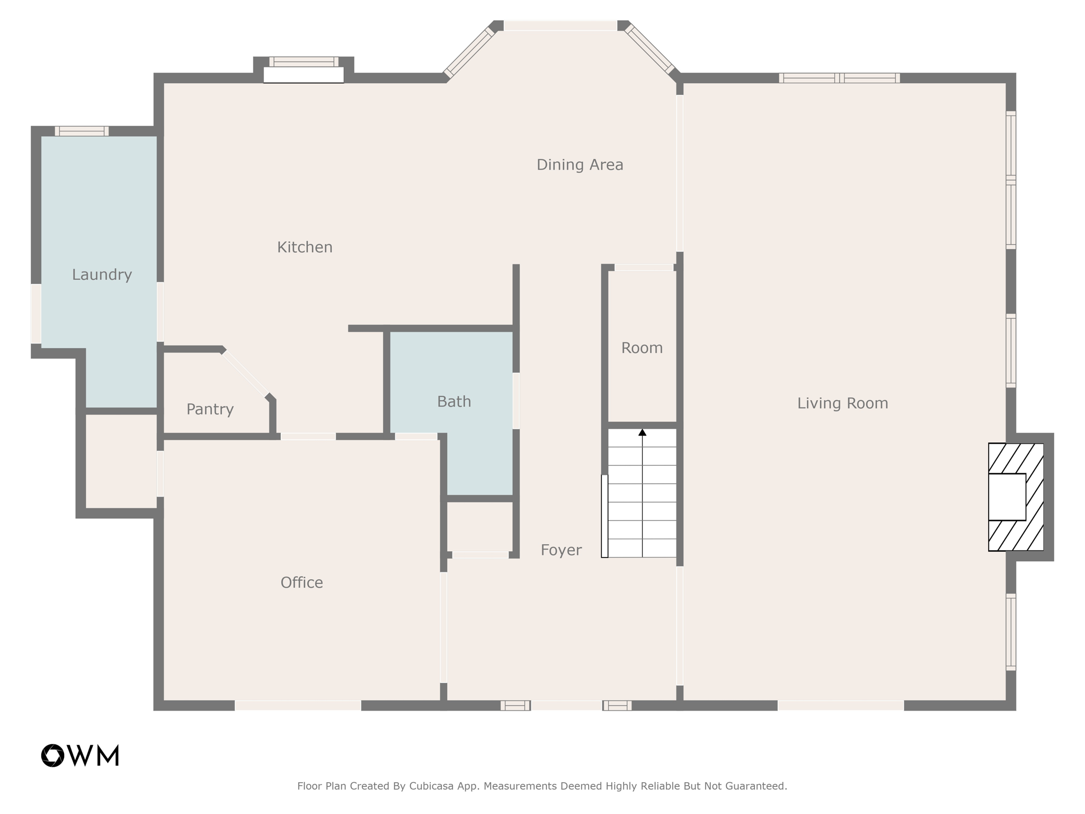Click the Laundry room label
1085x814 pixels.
[x=102, y=275]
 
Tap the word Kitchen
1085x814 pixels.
[x=305, y=247]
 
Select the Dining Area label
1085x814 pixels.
[x=580, y=165]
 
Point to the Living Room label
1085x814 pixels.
[x=842, y=403]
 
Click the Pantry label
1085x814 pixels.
[x=210, y=409]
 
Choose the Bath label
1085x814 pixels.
[x=454, y=402]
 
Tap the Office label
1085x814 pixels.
[x=301, y=582]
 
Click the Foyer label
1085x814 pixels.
[x=561, y=550]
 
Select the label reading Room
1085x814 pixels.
[x=642, y=348]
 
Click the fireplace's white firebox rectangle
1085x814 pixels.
[x=1007, y=497]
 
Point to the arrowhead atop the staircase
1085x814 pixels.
[x=642, y=432]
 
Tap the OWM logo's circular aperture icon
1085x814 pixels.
[x=53, y=755]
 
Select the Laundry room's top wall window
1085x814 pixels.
[x=82, y=131]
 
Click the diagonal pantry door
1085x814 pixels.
[x=245, y=374]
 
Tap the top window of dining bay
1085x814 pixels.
[x=560, y=25]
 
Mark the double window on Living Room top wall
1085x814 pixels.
[x=839, y=78]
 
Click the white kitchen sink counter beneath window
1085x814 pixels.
[x=304, y=75]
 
